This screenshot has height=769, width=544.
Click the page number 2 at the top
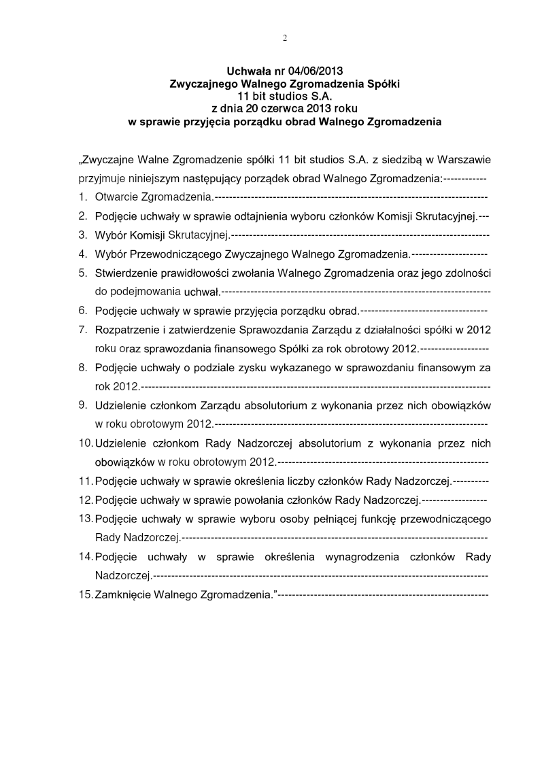click(x=285, y=38)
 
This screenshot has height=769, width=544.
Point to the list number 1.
click(x=82, y=197)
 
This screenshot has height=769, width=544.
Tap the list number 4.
click(x=82, y=254)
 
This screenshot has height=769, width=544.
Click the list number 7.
click(x=82, y=330)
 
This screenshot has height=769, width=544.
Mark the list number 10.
click(x=85, y=443)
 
